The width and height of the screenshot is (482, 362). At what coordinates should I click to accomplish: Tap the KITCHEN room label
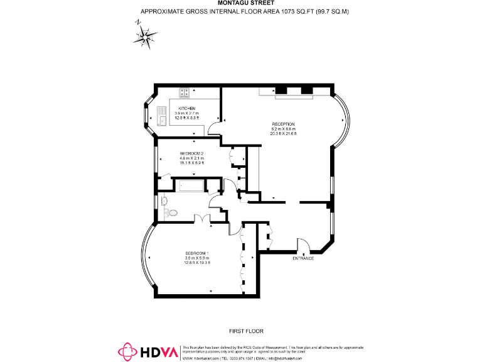click(187, 109)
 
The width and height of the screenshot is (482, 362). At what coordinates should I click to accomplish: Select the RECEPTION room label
click(283, 124)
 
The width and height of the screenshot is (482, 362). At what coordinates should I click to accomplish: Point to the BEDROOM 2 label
click(191, 153)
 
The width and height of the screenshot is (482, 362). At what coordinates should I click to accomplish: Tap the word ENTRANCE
click(304, 258)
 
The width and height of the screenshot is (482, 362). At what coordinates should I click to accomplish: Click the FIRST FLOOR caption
click(245, 331)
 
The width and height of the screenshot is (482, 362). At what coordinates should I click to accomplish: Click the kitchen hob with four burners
click(185, 93)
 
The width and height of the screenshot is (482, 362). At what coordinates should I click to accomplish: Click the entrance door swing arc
click(302, 243)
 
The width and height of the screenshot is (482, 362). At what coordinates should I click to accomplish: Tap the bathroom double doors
click(202, 218)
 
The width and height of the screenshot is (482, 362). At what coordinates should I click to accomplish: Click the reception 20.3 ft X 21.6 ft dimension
click(283, 134)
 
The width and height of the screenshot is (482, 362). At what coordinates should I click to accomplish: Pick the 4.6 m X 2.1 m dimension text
click(191, 158)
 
